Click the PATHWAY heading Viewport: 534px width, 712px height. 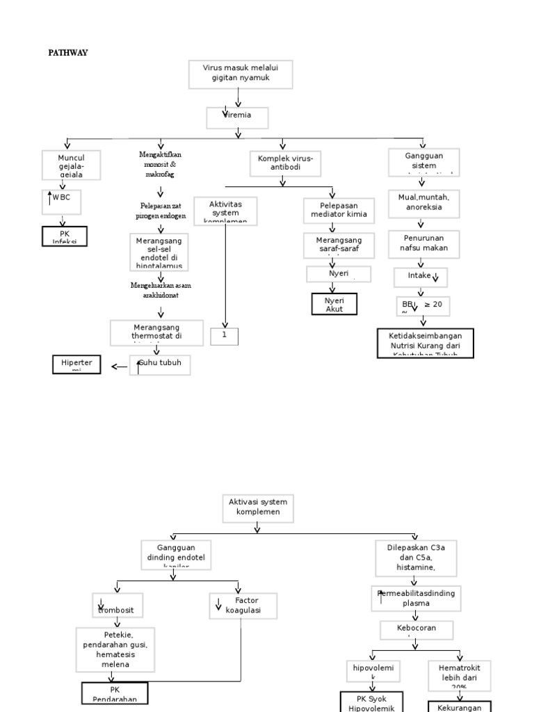(67, 53)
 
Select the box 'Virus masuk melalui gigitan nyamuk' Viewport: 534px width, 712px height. (241, 74)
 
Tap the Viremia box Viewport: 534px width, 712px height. (237, 117)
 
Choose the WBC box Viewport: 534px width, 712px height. (62, 199)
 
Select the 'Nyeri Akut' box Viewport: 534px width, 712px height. (334, 304)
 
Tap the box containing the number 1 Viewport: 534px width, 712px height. (225, 336)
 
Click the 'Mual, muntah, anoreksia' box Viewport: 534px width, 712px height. (423, 202)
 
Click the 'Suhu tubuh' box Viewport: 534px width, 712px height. (161, 364)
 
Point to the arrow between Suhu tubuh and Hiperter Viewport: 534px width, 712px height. (118, 366)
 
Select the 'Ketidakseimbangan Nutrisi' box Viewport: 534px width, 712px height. (425, 343)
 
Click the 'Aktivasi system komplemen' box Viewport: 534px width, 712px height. (257, 506)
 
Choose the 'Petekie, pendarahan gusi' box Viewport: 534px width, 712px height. (115, 649)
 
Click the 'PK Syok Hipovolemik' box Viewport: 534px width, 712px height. (371, 701)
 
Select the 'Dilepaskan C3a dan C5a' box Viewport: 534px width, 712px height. (416, 557)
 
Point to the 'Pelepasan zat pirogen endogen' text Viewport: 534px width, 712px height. (161, 211)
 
